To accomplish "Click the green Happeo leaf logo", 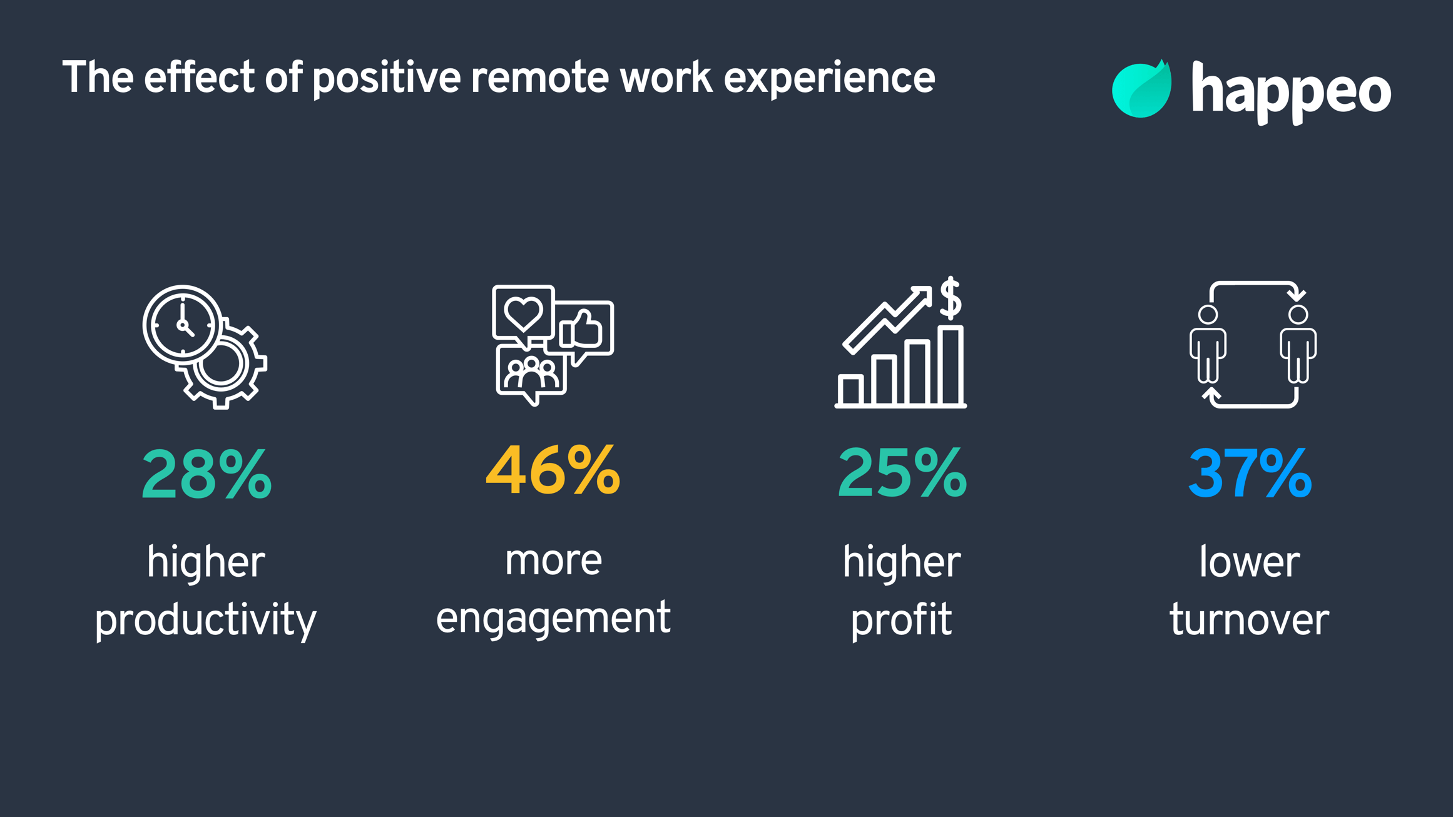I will (1141, 90).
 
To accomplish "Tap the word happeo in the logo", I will (1291, 93).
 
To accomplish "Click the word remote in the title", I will (539, 78).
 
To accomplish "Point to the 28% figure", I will (206, 474).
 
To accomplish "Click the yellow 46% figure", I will (553, 470).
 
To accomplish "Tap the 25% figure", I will (902, 473).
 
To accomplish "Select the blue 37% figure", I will (1250, 473).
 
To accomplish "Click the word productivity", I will (205, 621).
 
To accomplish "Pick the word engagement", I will (553, 618).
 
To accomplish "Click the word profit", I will (901, 621).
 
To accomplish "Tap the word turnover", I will (1249, 619).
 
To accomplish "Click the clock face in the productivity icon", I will (183, 325).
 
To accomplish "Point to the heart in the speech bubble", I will (523, 313).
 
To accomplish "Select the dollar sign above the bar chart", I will (951, 298).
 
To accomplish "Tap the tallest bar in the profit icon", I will (951, 367).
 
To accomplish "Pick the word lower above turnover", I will (1249, 562).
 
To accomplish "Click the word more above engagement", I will (553, 561).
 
